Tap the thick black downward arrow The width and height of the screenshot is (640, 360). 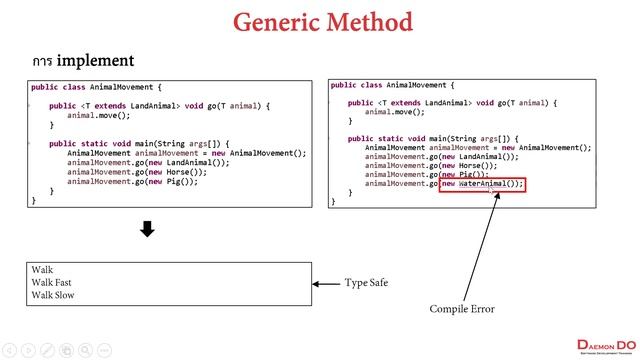[x=147, y=230]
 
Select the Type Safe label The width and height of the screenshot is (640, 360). [x=366, y=283]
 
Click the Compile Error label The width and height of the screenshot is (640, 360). [x=462, y=309]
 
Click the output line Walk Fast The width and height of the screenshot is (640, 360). [x=51, y=283]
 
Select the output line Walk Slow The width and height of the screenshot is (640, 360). [x=52, y=295]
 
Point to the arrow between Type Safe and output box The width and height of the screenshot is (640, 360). [x=327, y=284]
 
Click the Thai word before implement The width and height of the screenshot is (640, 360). [x=41, y=62]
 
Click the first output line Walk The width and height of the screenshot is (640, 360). [x=42, y=270]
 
